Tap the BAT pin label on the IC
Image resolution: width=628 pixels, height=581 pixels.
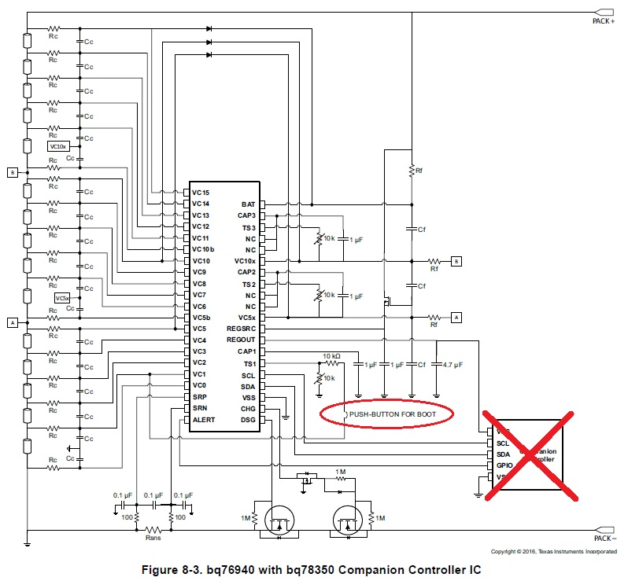(x=248, y=204)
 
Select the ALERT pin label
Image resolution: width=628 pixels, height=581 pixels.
(x=204, y=420)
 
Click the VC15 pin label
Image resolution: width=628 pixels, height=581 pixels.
(x=201, y=192)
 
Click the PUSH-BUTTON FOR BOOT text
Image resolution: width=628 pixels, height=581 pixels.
(x=389, y=413)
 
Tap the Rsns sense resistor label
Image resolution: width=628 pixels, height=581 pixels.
(x=153, y=539)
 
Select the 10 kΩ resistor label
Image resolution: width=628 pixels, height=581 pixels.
(x=331, y=357)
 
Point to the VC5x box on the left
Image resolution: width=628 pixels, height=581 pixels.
(x=63, y=298)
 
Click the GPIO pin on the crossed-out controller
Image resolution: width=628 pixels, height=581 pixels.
(x=504, y=465)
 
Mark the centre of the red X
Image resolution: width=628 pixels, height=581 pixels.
(x=533, y=454)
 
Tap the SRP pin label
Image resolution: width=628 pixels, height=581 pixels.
(x=200, y=397)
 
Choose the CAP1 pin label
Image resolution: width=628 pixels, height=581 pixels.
(x=246, y=351)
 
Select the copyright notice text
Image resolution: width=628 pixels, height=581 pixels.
(x=553, y=552)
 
